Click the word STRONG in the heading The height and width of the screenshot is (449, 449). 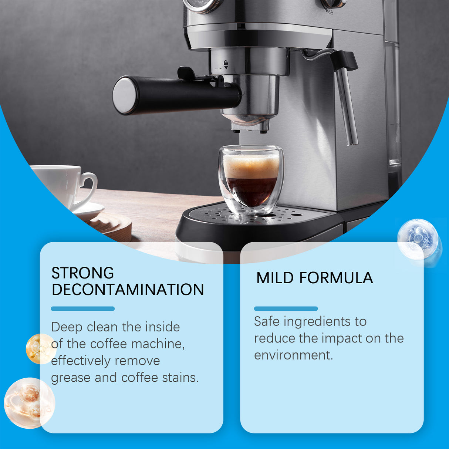(82, 273)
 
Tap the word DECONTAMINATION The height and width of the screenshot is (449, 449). (128, 290)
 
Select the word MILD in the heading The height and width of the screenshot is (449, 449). (275, 278)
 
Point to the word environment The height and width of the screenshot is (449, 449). (293, 355)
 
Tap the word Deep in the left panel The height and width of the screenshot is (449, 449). (66, 327)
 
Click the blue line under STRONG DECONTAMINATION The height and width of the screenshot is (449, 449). (82, 308)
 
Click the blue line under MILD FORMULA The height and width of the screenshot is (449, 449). (286, 308)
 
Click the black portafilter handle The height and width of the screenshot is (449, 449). (178, 94)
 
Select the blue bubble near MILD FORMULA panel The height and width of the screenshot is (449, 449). (418, 239)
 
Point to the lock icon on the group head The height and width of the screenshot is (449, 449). (226, 64)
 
